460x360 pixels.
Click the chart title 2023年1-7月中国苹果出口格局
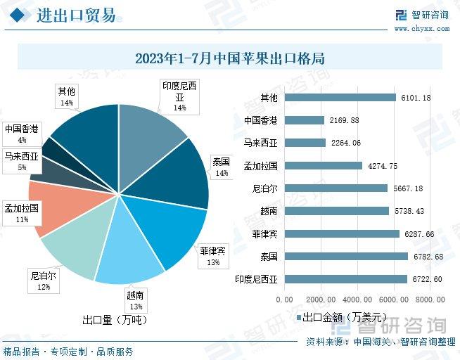coord(229,58)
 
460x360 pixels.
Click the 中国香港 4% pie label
coord(22,134)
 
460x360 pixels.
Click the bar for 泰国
coord(346,257)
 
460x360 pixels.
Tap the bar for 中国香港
coord(305,120)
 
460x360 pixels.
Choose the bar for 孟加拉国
coord(324,166)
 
